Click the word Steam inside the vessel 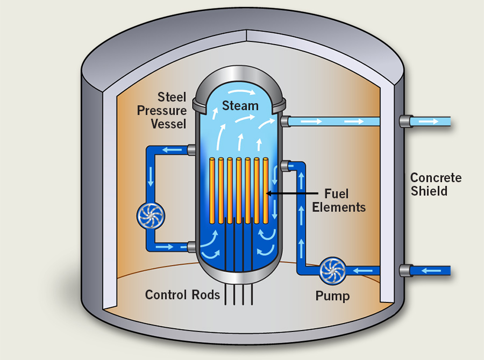[241, 105]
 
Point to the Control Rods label [183, 294]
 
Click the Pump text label [332, 296]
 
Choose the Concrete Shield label [436, 184]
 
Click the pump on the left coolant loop [151, 215]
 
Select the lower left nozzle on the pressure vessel [191, 247]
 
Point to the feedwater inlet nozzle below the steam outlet [284, 166]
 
